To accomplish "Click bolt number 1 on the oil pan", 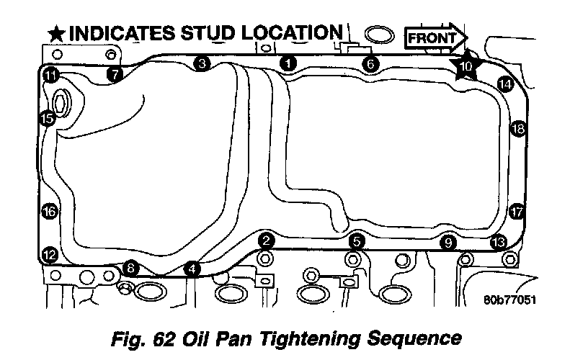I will pos(288,63).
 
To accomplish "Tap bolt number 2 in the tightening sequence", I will pos(266,240).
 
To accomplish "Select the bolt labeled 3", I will pos(202,63).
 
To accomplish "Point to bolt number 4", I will pos(192,269).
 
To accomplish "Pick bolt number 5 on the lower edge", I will pos(356,241).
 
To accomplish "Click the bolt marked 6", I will pos(370,63).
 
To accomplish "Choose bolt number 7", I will pos(114,73).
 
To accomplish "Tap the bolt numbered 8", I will pos(130,268).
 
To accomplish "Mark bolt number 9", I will pos(448,243).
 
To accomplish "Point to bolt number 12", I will pos(49,254).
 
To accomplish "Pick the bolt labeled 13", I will pos(497,242).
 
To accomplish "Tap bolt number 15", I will pos(48,119).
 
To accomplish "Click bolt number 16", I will pos(48,212).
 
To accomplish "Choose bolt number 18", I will pos(517,129).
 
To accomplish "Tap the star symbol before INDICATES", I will pos(55,33).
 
